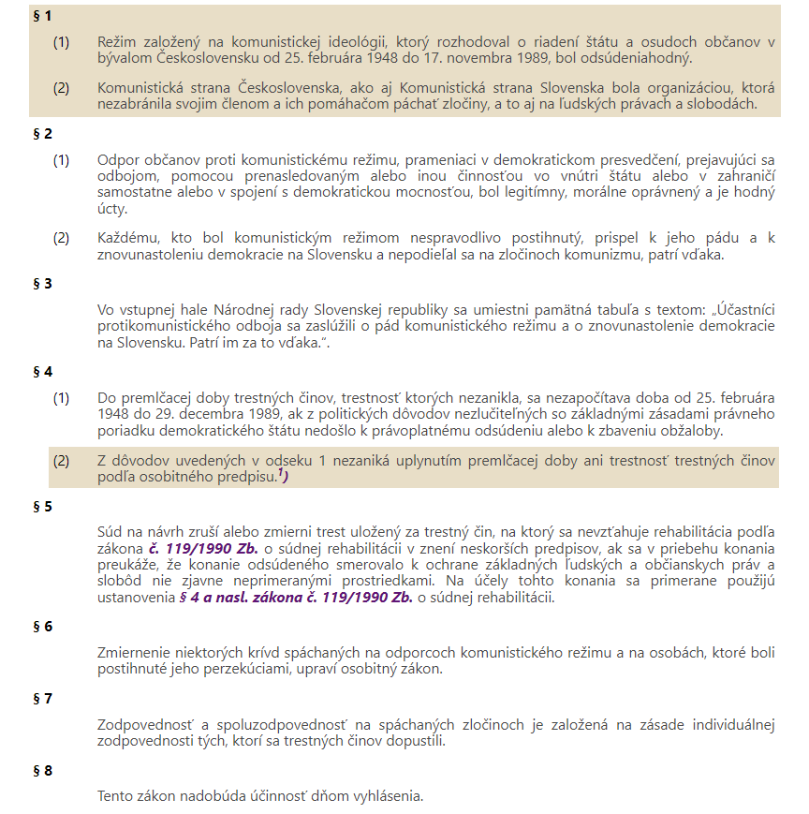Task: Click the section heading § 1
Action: coord(42,17)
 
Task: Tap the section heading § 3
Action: coord(42,283)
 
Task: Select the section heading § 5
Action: coord(42,507)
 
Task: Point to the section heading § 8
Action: coord(42,771)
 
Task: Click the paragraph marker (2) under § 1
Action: coord(61,88)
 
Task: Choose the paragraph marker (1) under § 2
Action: coord(61,159)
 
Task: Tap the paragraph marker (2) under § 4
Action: coord(61,460)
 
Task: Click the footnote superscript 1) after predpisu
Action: coord(282,473)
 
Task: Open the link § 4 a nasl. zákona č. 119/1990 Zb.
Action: coord(296,598)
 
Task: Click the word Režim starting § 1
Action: coord(117,42)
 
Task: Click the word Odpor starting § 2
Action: coord(117,159)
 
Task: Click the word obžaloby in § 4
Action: coord(696,430)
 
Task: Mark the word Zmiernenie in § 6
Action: coord(134,653)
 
